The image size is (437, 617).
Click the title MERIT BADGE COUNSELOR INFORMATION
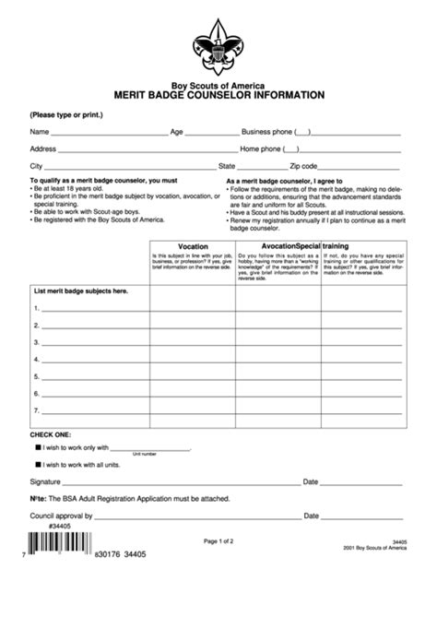click(218, 94)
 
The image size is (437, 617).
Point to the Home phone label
click(261, 148)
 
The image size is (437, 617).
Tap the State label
click(227, 165)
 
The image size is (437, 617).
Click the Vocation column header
click(193, 247)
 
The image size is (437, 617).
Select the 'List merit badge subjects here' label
click(81, 291)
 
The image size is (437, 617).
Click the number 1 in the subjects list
click(36, 308)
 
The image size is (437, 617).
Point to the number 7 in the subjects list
click(36, 410)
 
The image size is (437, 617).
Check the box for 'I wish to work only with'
click(38, 446)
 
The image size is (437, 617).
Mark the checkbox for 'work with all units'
click(38, 465)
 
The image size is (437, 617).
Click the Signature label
click(45, 481)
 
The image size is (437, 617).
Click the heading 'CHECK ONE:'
click(52, 433)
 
